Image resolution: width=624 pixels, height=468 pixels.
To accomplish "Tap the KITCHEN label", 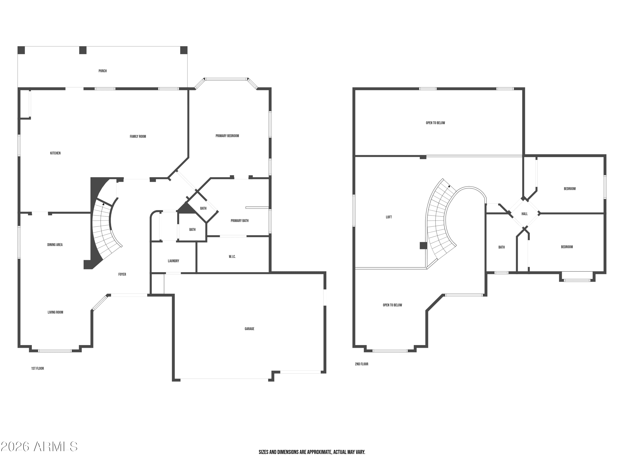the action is [55, 153].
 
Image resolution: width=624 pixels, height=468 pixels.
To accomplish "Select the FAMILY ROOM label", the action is [138, 136].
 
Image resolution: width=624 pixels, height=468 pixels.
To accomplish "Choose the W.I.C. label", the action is [232, 257].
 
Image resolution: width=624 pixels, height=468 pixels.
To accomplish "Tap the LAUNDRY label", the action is [173, 261].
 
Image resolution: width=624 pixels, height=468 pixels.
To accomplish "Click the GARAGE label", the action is [249, 329].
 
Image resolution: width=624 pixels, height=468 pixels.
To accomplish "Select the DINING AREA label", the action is [55, 245].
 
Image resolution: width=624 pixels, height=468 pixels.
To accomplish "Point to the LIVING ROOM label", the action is [55, 312].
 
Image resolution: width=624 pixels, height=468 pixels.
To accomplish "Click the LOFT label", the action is [389, 217].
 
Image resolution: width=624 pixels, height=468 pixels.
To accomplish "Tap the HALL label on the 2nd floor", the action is [524, 214].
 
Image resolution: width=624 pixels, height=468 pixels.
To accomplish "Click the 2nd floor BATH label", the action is [501, 247].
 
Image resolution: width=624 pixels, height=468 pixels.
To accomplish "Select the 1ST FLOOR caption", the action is [37, 368].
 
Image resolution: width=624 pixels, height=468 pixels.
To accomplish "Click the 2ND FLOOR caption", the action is [362, 364].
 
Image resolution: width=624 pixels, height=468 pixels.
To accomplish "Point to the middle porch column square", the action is [83, 50].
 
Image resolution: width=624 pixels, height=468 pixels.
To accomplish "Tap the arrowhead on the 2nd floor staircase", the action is [449, 186].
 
